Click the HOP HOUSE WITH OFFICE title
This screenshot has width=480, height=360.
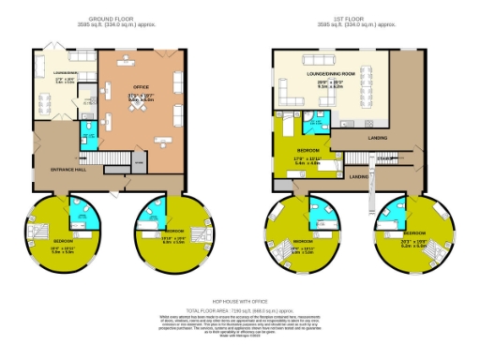pos(240,302)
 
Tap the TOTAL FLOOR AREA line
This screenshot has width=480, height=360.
pos(240,308)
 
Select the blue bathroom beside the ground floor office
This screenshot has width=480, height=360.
pos(89,137)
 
